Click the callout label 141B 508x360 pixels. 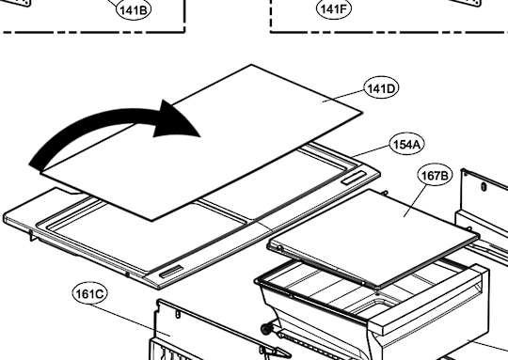pos(134,9)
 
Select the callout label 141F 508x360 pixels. pos(334,8)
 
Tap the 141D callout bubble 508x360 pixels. pos(381,88)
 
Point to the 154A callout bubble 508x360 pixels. pos(406,145)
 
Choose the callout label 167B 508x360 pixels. pos(435,175)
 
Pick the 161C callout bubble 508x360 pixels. pos(89,294)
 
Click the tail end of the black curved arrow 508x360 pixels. pos(36,165)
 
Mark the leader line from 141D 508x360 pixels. pos(343,96)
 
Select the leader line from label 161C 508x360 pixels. pos(130,320)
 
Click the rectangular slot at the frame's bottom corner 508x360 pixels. pos(171,272)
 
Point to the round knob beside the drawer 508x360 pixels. pos(265,330)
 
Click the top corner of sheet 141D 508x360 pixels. pos(252,65)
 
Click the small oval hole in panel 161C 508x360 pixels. pos(178,314)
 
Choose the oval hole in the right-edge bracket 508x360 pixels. pos(484,187)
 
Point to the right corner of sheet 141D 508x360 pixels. pos(362,112)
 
